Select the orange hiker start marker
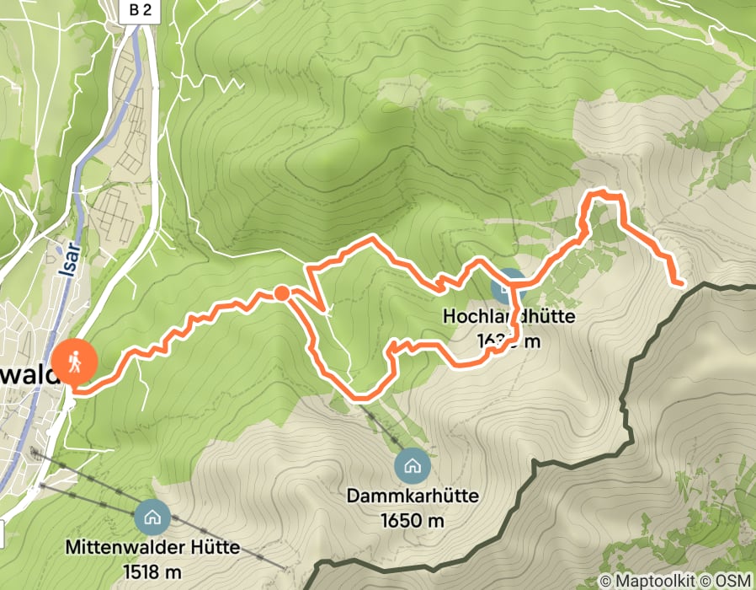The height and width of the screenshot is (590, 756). tap(75, 362)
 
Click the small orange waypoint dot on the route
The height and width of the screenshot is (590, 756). tap(281, 293)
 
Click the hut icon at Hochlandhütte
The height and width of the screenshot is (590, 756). tap(506, 287)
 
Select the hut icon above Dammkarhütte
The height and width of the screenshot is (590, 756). tap(412, 465)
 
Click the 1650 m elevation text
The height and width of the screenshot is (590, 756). tap(412, 520)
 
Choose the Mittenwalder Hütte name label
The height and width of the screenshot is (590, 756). tap(152, 548)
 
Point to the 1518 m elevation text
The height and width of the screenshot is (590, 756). tap(152, 571)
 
